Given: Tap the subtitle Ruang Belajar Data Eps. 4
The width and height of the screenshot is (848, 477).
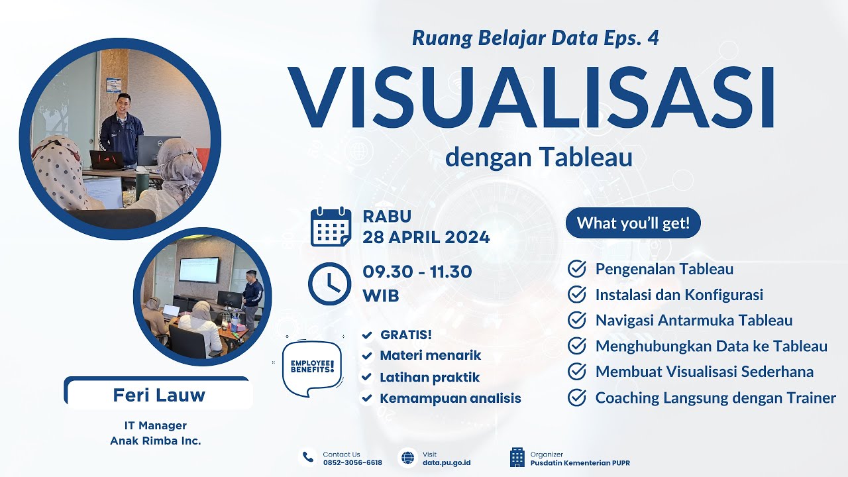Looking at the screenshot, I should (x=535, y=38).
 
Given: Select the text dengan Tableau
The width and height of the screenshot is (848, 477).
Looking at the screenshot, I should (x=539, y=158).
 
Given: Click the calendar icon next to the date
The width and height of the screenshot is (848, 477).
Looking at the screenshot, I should (x=331, y=227).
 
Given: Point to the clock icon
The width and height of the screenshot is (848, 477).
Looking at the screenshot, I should (x=329, y=284).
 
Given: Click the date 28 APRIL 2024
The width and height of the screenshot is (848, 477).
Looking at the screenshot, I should (x=426, y=237).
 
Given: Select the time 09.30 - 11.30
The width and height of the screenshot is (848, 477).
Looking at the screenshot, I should (x=417, y=272).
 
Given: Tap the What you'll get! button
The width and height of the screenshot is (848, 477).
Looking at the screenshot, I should (x=633, y=223).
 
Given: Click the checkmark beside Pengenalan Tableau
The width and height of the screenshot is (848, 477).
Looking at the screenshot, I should (x=577, y=269).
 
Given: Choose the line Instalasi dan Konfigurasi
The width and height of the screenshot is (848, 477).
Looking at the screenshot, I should (x=679, y=294).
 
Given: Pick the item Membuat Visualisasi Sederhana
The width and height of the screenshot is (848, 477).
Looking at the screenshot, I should (x=704, y=372).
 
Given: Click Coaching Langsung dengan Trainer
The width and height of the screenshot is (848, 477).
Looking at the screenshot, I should (x=715, y=397).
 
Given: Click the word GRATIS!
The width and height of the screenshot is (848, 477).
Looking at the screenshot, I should (x=405, y=335).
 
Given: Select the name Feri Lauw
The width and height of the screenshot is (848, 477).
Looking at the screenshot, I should (x=159, y=396).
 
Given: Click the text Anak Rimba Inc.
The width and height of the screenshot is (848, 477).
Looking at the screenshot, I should (x=155, y=440).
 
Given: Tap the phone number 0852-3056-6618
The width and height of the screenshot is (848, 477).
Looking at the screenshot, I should (x=352, y=462).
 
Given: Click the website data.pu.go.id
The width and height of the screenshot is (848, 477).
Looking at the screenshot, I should (x=447, y=462).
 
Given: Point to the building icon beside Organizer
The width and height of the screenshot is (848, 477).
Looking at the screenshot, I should (x=517, y=458).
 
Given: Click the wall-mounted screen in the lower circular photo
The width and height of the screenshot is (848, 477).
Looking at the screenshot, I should (x=199, y=270).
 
